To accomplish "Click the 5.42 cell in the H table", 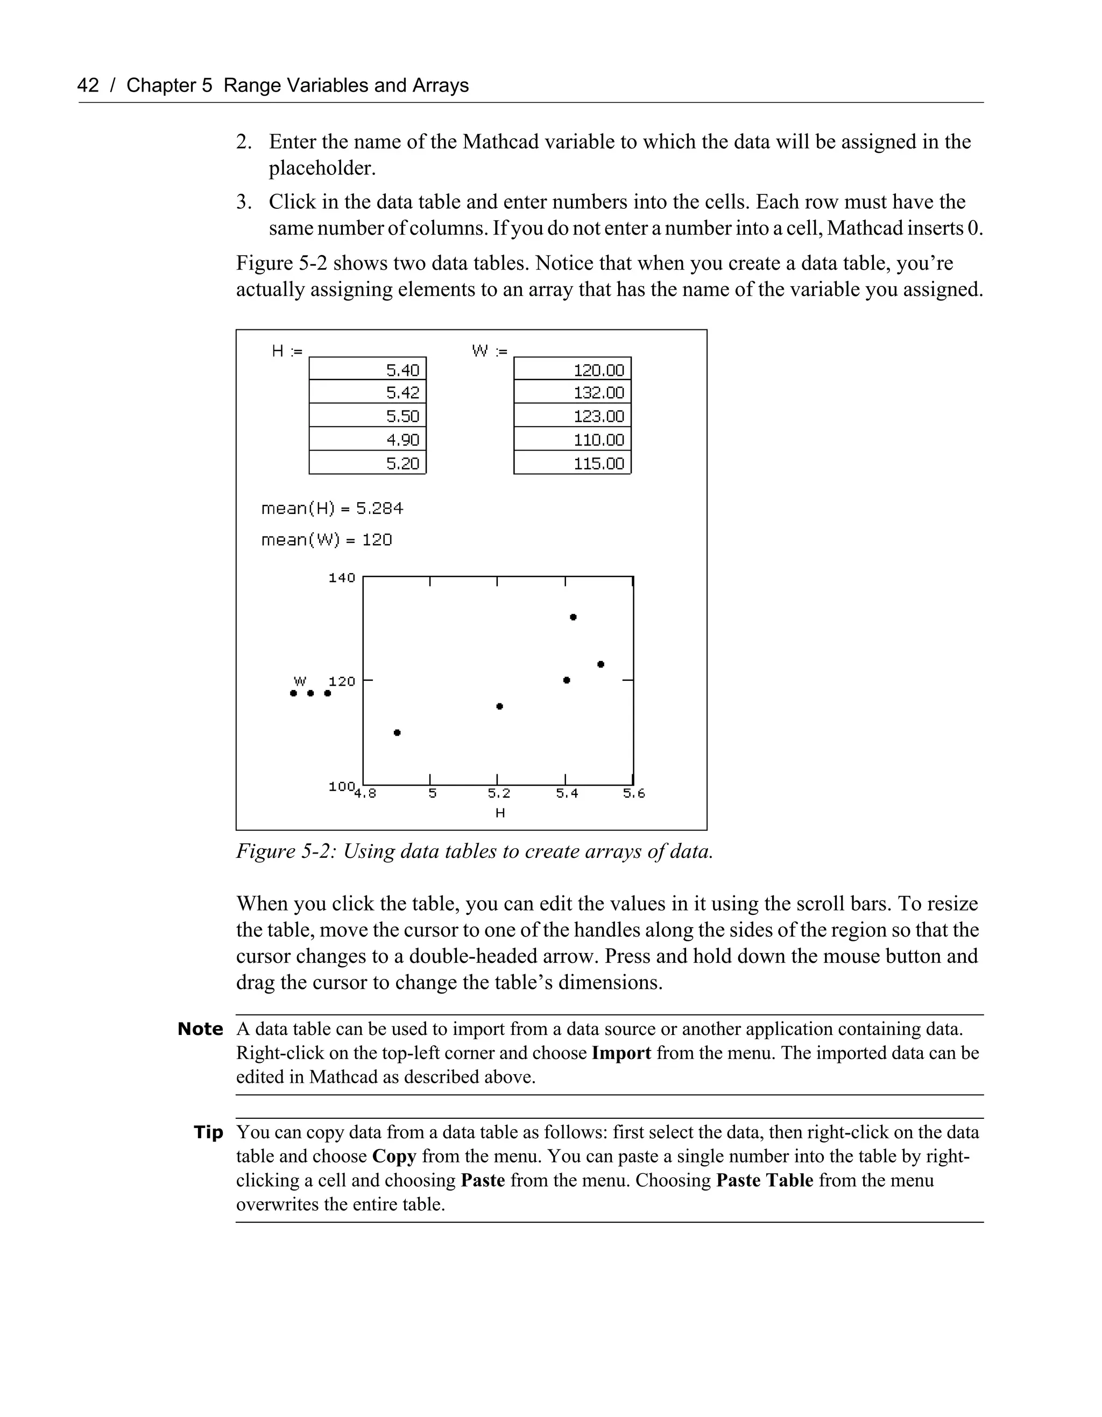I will tap(368, 392).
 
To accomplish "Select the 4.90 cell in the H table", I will tap(368, 440).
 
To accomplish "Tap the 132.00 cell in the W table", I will tap(572, 392).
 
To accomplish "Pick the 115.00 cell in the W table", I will tap(572, 463).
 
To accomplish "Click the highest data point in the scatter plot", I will tap(574, 617).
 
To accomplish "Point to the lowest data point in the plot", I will tap(398, 732).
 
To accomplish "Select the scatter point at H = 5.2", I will tap(499, 706).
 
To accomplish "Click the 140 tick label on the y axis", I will tap(342, 577).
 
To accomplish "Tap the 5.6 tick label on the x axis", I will tap(634, 793).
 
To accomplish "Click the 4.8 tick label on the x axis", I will tap(365, 793).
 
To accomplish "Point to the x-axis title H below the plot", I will tap(499, 813).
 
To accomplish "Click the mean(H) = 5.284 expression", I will tap(332, 509).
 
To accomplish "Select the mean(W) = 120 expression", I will tap(326, 540).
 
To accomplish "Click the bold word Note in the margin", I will tap(200, 1030).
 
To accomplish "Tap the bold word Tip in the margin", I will tap(208, 1133).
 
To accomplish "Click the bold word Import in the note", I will tap(621, 1053).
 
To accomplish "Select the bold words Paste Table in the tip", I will tap(764, 1180).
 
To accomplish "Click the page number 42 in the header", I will tap(88, 86).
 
